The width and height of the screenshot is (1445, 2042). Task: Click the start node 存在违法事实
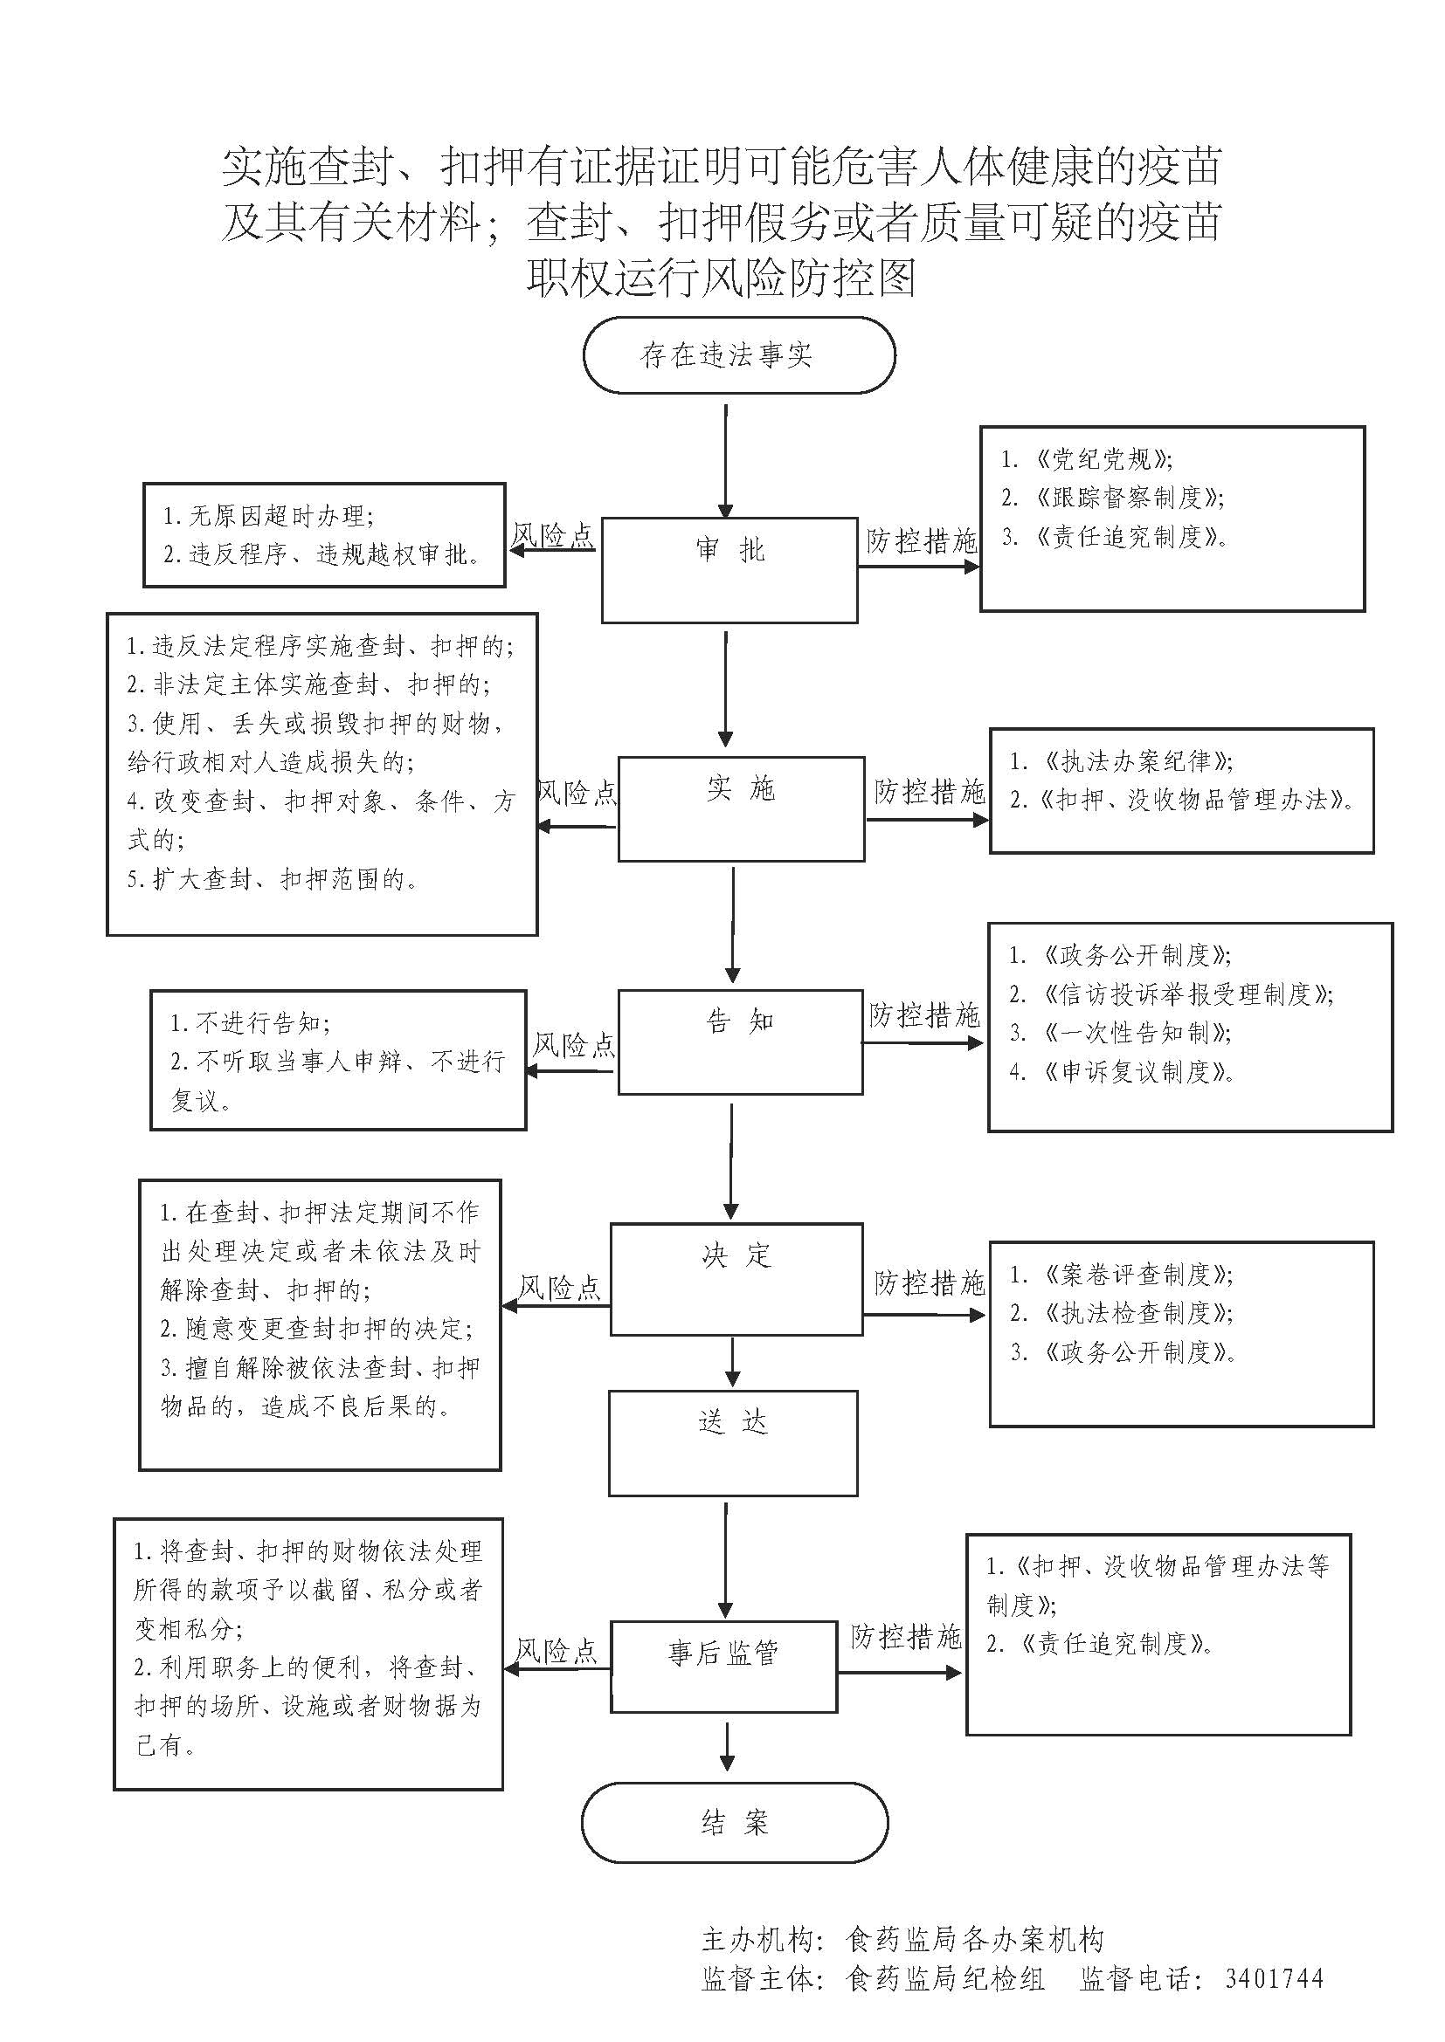(x=738, y=355)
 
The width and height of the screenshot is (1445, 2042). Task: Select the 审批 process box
(x=729, y=570)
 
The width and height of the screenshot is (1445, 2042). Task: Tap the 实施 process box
(x=740, y=808)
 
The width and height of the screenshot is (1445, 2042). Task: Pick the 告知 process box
(x=740, y=1042)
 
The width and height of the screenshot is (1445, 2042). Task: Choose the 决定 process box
(x=736, y=1279)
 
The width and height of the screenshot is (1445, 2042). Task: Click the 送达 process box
(x=732, y=1442)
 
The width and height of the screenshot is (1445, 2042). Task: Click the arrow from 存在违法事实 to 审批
(x=726, y=461)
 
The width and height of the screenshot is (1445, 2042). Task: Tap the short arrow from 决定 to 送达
(x=733, y=1362)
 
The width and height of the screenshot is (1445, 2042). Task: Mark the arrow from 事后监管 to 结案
(x=728, y=1747)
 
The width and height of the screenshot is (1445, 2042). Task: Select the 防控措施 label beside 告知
(x=924, y=1014)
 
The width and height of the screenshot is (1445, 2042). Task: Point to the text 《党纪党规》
(x=1103, y=459)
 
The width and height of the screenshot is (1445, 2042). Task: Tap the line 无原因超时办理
(x=268, y=516)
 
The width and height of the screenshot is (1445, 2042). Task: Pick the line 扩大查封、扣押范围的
(x=273, y=880)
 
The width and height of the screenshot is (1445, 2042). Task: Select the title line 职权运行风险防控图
(x=722, y=278)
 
